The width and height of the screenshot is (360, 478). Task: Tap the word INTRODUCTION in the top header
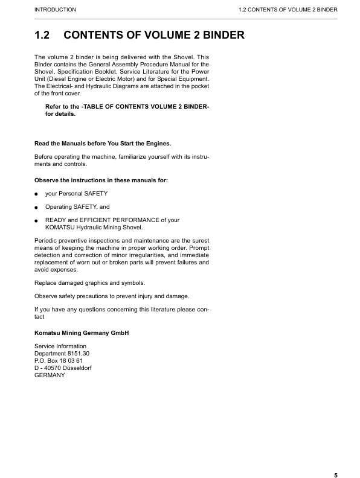click(56, 10)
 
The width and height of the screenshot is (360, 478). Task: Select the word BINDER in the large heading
click(218, 35)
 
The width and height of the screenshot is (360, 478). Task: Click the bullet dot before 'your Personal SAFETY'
click(37, 194)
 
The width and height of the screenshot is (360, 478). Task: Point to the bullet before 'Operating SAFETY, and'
click(37, 208)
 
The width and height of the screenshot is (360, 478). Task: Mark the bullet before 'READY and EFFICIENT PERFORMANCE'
click(37, 221)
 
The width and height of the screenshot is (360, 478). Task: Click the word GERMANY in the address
click(50, 375)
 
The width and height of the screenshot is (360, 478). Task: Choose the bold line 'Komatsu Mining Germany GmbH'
click(82, 333)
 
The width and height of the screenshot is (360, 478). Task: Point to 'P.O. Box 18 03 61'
click(62, 360)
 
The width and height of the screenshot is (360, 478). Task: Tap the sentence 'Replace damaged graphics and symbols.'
click(89, 282)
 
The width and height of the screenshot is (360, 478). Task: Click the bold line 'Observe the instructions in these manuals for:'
click(101, 180)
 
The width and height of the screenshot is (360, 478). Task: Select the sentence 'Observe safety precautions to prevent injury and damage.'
click(112, 296)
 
